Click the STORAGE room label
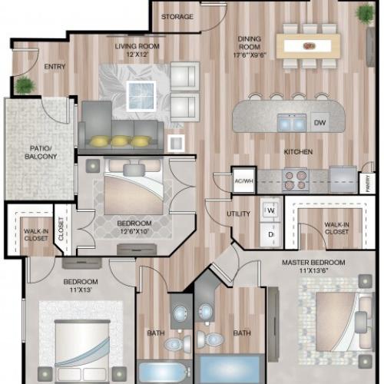pos(177,17)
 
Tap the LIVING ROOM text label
pos(137,47)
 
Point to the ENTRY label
pos(55,67)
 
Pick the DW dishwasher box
pos(319,122)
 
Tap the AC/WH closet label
pos(243,181)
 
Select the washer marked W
pos(270,209)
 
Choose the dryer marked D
pos(270,231)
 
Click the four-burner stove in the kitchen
pos(296,180)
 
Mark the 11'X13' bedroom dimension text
pos(79,290)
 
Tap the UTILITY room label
pos(239,214)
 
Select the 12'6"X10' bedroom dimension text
pos(135,232)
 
